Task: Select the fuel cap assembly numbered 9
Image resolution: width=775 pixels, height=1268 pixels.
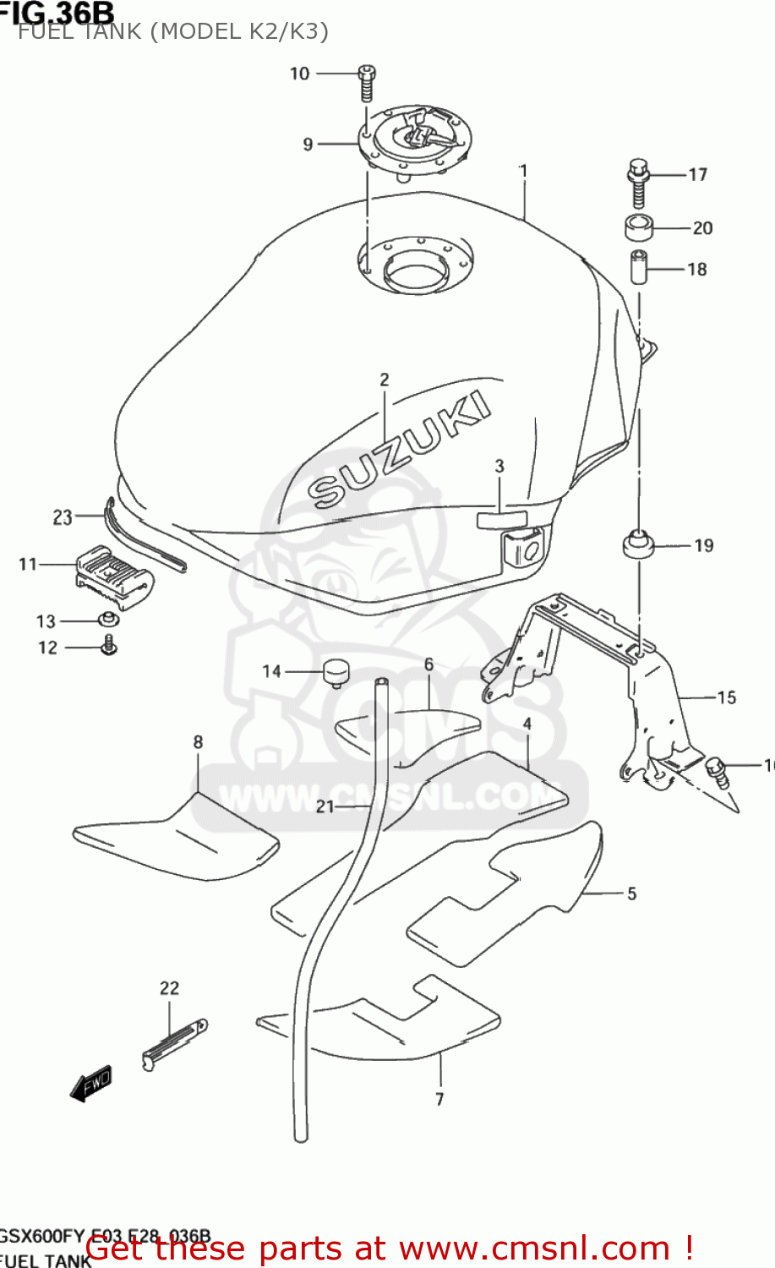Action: pyautogui.click(x=414, y=139)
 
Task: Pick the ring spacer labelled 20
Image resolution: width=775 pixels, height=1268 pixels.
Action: pyautogui.click(x=640, y=227)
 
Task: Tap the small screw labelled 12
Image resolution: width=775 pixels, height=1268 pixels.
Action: pyautogui.click(x=109, y=648)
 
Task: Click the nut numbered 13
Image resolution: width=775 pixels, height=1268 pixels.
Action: pyautogui.click(x=109, y=620)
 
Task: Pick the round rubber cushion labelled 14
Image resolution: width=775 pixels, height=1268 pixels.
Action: pyautogui.click(x=335, y=675)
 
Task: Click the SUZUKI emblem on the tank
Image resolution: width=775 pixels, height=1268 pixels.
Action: pyautogui.click(x=398, y=451)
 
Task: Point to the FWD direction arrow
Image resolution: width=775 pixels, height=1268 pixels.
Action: pyautogui.click(x=90, y=1085)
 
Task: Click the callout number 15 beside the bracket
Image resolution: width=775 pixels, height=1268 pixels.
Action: pyautogui.click(x=726, y=697)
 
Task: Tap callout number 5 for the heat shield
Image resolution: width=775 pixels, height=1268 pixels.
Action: pyautogui.click(x=631, y=894)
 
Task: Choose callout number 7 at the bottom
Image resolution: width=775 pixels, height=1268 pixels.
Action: pyautogui.click(x=439, y=1099)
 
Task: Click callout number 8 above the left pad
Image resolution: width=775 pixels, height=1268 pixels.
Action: pyautogui.click(x=198, y=741)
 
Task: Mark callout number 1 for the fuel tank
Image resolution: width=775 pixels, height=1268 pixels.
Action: pyautogui.click(x=523, y=171)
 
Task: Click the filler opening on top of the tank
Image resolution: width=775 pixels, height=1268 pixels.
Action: pyautogui.click(x=415, y=268)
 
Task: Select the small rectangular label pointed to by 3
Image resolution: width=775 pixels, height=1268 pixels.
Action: pyautogui.click(x=502, y=519)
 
